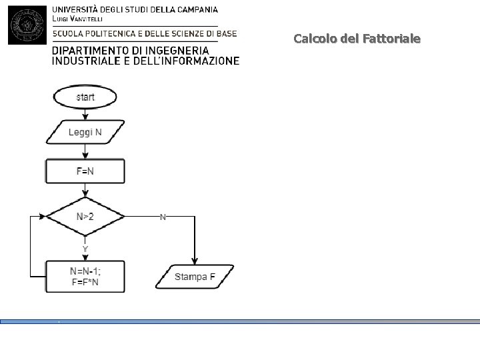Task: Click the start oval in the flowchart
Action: pyautogui.click(x=85, y=97)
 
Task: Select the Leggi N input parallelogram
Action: pyautogui.click(x=85, y=132)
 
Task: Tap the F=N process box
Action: pyautogui.click(x=85, y=171)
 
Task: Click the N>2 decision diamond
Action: pyautogui.click(x=85, y=216)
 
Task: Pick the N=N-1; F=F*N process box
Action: pyautogui.click(x=85, y=276)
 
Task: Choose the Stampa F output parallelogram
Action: pyautogui.click(x=195, y=276)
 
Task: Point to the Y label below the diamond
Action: pyautogui.click(x=85, y=249)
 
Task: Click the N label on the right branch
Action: pyautogui.click(x=163, y=217)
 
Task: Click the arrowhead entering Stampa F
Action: pyautogui.click(x=195, y=261)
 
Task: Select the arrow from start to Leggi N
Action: pyautogui.click(x=85, y=113)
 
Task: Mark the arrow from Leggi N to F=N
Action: pyautogui.click(x=85, y=151)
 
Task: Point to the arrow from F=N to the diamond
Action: pyautogui.click(x=85, y=190)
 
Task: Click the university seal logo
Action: pyautogui.click(x=27, y=25)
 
